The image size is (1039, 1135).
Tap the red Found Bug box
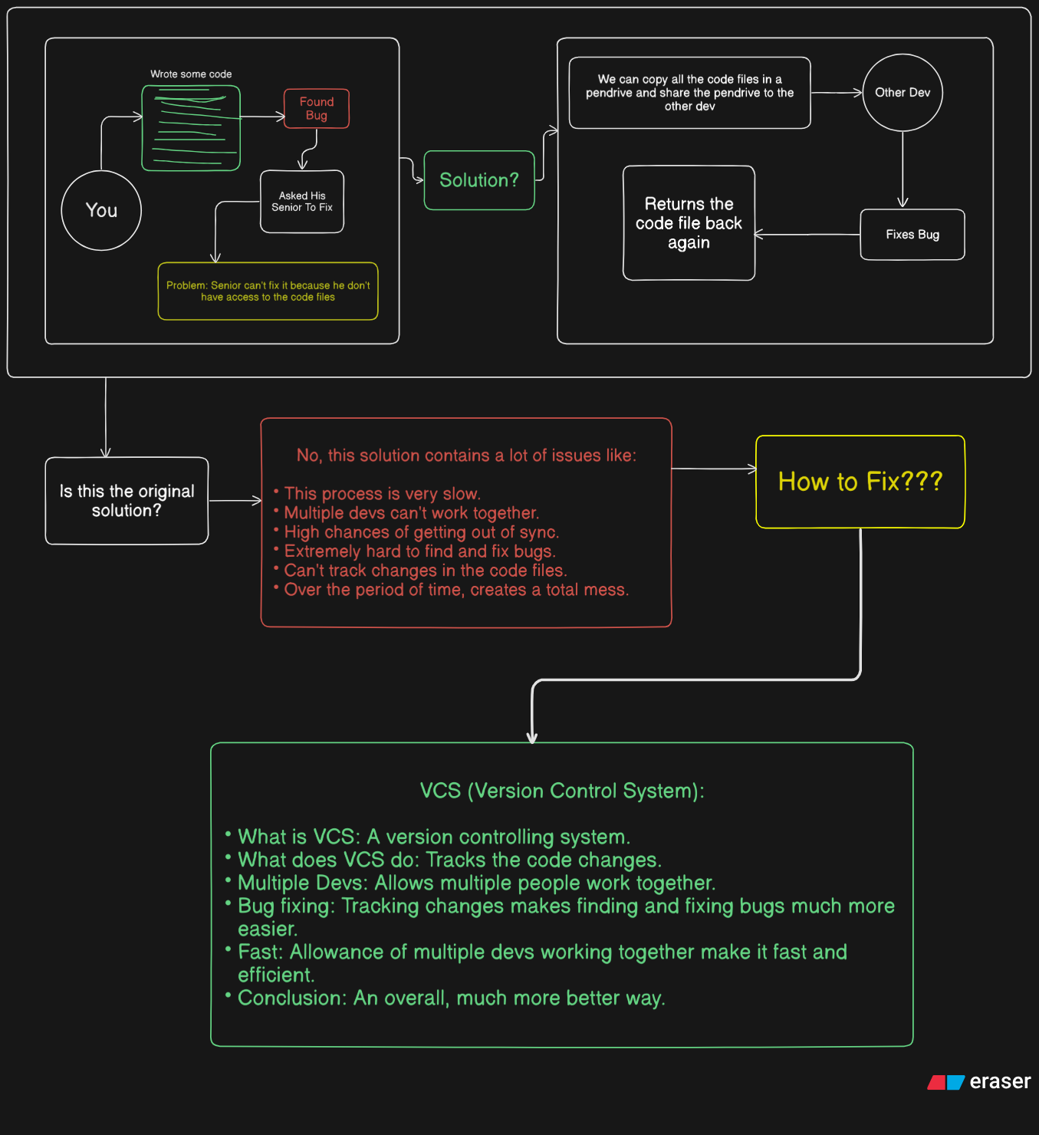[x=317, y=109]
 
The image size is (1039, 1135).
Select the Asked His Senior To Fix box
[x=301, y=202]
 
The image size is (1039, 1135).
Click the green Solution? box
[x=478, y=180]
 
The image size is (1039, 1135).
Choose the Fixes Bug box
[x=912, y=235]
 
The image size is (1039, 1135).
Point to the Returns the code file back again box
[x=689, y=223]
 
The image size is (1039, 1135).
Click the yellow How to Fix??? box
[x=860, y=482]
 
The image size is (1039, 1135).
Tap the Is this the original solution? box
[x=127, y=501]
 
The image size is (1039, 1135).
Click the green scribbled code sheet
[x=191, y=128]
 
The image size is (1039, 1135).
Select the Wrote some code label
[x=191, y=74]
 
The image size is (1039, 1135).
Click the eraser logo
[x=978, y=1081]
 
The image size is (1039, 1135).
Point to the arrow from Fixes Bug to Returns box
[x=807, y=234]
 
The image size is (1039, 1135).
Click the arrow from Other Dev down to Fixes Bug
[x=903, y=169]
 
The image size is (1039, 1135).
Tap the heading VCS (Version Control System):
[x=562, y=791]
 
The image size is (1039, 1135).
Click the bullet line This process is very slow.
[x=382, y=494]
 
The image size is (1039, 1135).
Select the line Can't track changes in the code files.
[x=425, y=571]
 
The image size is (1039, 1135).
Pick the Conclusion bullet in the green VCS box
[x=451, y=998]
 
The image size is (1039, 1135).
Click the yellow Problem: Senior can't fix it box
[x=268, y=291]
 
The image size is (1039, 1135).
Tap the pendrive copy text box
[x=689, y=93]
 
